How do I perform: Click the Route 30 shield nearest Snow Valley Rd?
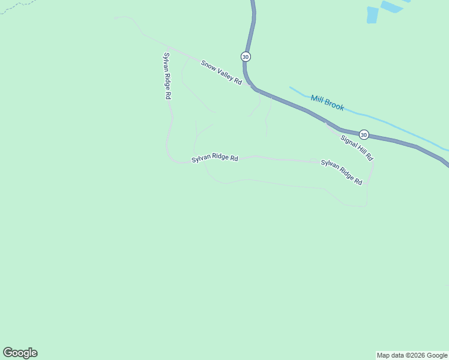point(246,56)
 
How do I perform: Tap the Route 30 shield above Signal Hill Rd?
point(364,134)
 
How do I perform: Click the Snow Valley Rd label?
point(221,71)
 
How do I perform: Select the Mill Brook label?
point(327,103)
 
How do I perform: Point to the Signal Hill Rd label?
point(357,148)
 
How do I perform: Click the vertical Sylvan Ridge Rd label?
point(167,76)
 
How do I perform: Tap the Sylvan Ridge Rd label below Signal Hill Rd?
point(342,172)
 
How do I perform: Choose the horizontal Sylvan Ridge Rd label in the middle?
point(215,158)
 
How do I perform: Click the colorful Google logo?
point(20,353)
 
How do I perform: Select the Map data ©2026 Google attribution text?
point(412,355)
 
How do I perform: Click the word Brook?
point(334,105)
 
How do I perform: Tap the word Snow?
point(207,64)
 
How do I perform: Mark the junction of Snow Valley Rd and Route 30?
point(253,87)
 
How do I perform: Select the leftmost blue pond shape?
point(372,15)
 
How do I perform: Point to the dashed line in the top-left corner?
point(12,7)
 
